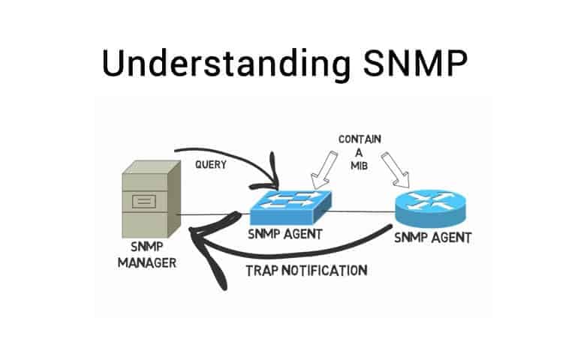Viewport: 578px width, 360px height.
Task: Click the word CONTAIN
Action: (360, 139)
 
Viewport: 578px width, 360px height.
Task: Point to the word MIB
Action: (360, 166)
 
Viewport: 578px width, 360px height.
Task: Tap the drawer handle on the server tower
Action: (145, 202)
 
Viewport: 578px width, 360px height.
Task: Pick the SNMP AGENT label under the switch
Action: (285, 234)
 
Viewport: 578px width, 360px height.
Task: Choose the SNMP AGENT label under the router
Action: (433, 238)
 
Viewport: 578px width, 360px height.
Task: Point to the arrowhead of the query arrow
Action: (273, 184)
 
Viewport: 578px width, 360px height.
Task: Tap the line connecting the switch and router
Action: (360, 211)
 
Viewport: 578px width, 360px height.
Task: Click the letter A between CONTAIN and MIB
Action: (360, 153)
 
